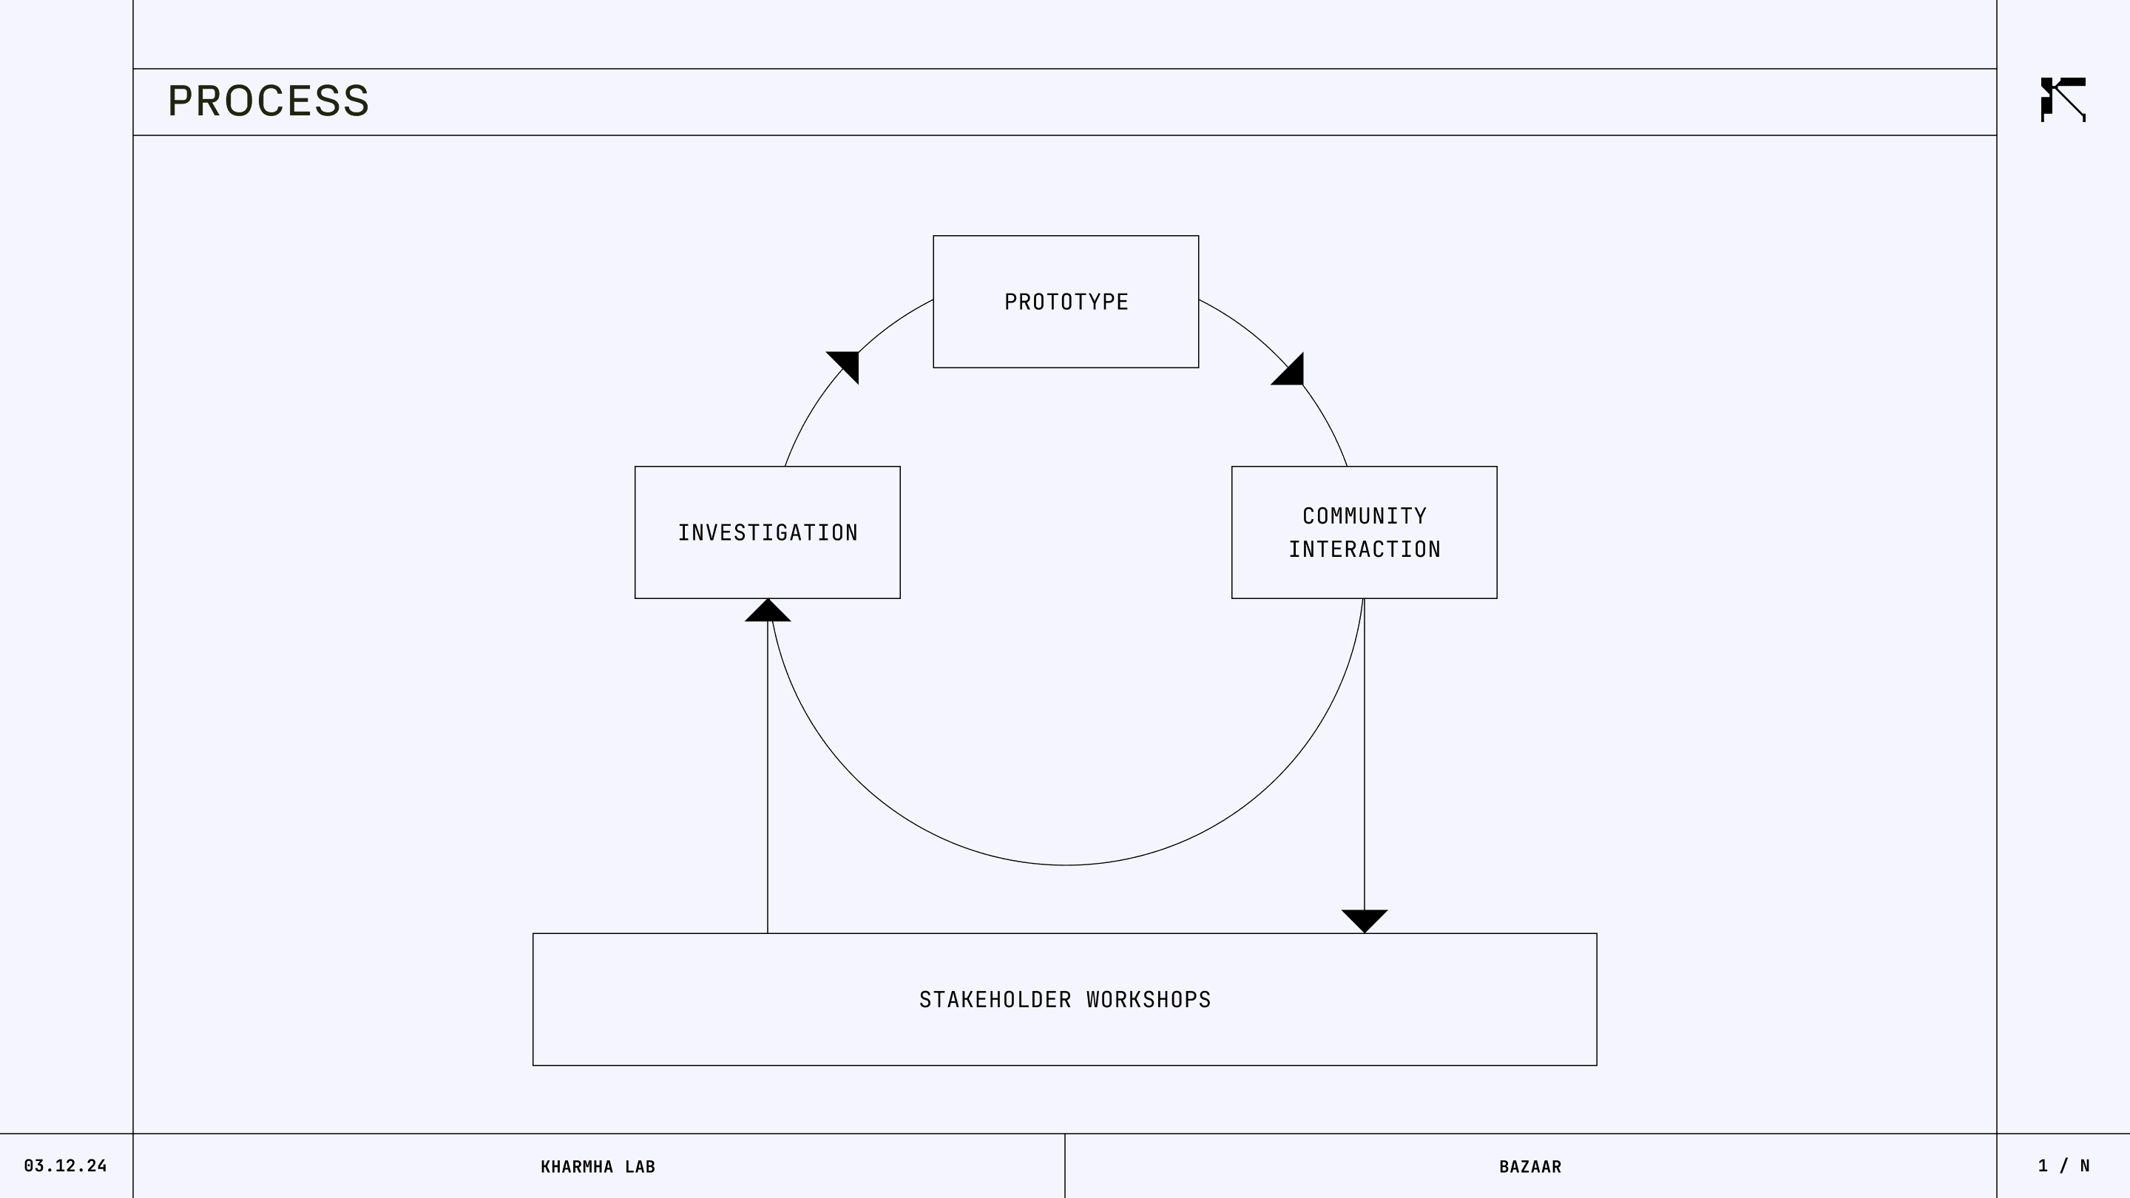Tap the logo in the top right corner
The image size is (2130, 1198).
(2063, 100)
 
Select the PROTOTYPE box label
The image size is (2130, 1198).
(1066, 302)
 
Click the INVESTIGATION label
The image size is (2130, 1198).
(768, 532)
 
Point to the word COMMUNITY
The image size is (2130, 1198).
(1365, 516)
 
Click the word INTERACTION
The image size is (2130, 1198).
(1365, 549)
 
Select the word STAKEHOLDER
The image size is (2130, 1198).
(995, 1000)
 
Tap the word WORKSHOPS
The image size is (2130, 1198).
(1149, 1000)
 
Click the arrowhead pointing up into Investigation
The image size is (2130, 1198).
(768, 612)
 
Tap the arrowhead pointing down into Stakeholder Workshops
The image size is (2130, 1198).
(1365, 919)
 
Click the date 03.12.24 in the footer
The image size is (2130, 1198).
(65, 1165)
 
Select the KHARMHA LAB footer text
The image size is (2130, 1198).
(597, 1167)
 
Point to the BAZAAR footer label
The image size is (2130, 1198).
(1529, 1167)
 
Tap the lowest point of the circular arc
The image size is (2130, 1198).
(1066, 864)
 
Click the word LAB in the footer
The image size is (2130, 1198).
(640, 1167)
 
